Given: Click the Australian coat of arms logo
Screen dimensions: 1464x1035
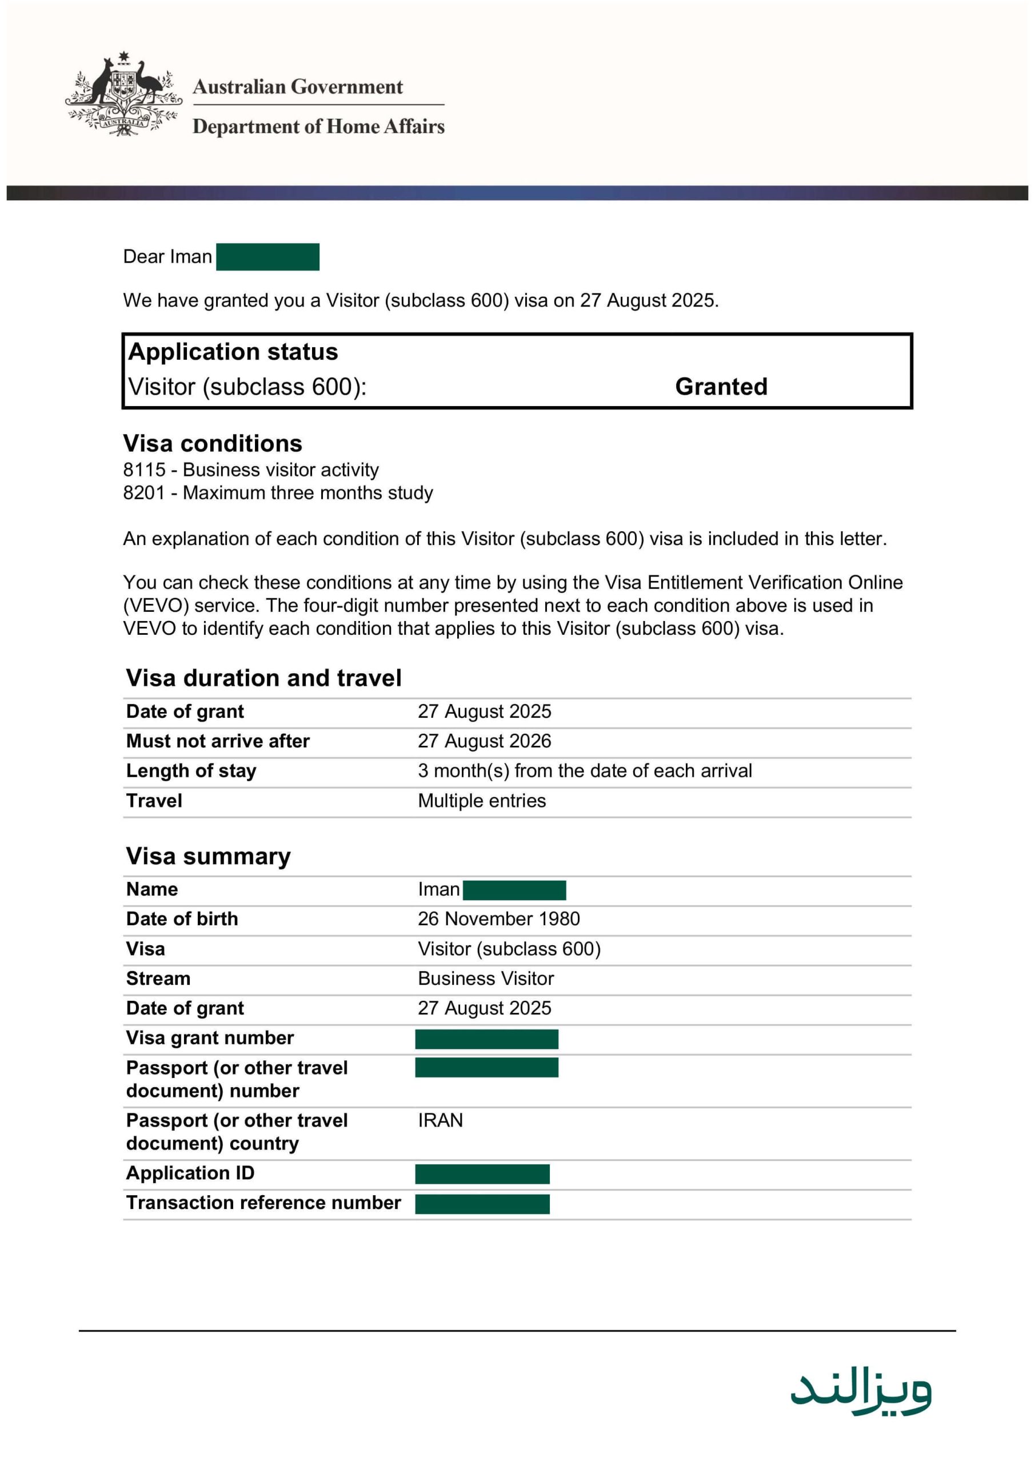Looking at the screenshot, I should [x=123, y=94].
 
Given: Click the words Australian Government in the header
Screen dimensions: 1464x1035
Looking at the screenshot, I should [x=298, y=87].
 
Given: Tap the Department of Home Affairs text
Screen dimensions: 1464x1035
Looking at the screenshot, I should [x=318, y=126].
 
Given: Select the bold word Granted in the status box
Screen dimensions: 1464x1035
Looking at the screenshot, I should [x=721, y=387].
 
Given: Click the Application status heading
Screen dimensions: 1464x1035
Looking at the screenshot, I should [x=233, y=352].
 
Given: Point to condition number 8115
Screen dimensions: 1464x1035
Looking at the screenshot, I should [x=144, y=470].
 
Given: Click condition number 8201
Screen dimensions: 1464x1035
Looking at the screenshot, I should [x=144, y=493].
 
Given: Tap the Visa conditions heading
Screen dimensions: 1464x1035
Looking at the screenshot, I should [x=212, y=443].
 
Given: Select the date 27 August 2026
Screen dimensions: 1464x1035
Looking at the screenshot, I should [x=485, y=741].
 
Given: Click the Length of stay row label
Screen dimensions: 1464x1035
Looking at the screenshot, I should [x=191, y=771].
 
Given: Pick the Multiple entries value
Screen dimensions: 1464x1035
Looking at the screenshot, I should [x=482, y=801].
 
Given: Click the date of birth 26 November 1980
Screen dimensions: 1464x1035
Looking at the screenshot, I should [x=498, y=919].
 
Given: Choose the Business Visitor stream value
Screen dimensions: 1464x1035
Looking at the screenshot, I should [x=486, y=978].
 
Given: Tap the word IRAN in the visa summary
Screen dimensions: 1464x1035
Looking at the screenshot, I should [x=441, y=1120].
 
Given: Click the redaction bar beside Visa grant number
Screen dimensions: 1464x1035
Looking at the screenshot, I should [x=486, y=1039].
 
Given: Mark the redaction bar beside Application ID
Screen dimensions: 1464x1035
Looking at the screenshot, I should [x=482, y=1174].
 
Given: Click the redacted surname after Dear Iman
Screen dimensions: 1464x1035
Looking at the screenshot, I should [x=267, y=257].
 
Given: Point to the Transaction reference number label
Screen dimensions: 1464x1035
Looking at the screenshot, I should [x=263, y=1203].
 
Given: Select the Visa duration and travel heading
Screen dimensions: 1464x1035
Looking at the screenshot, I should [x=263, y=678].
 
